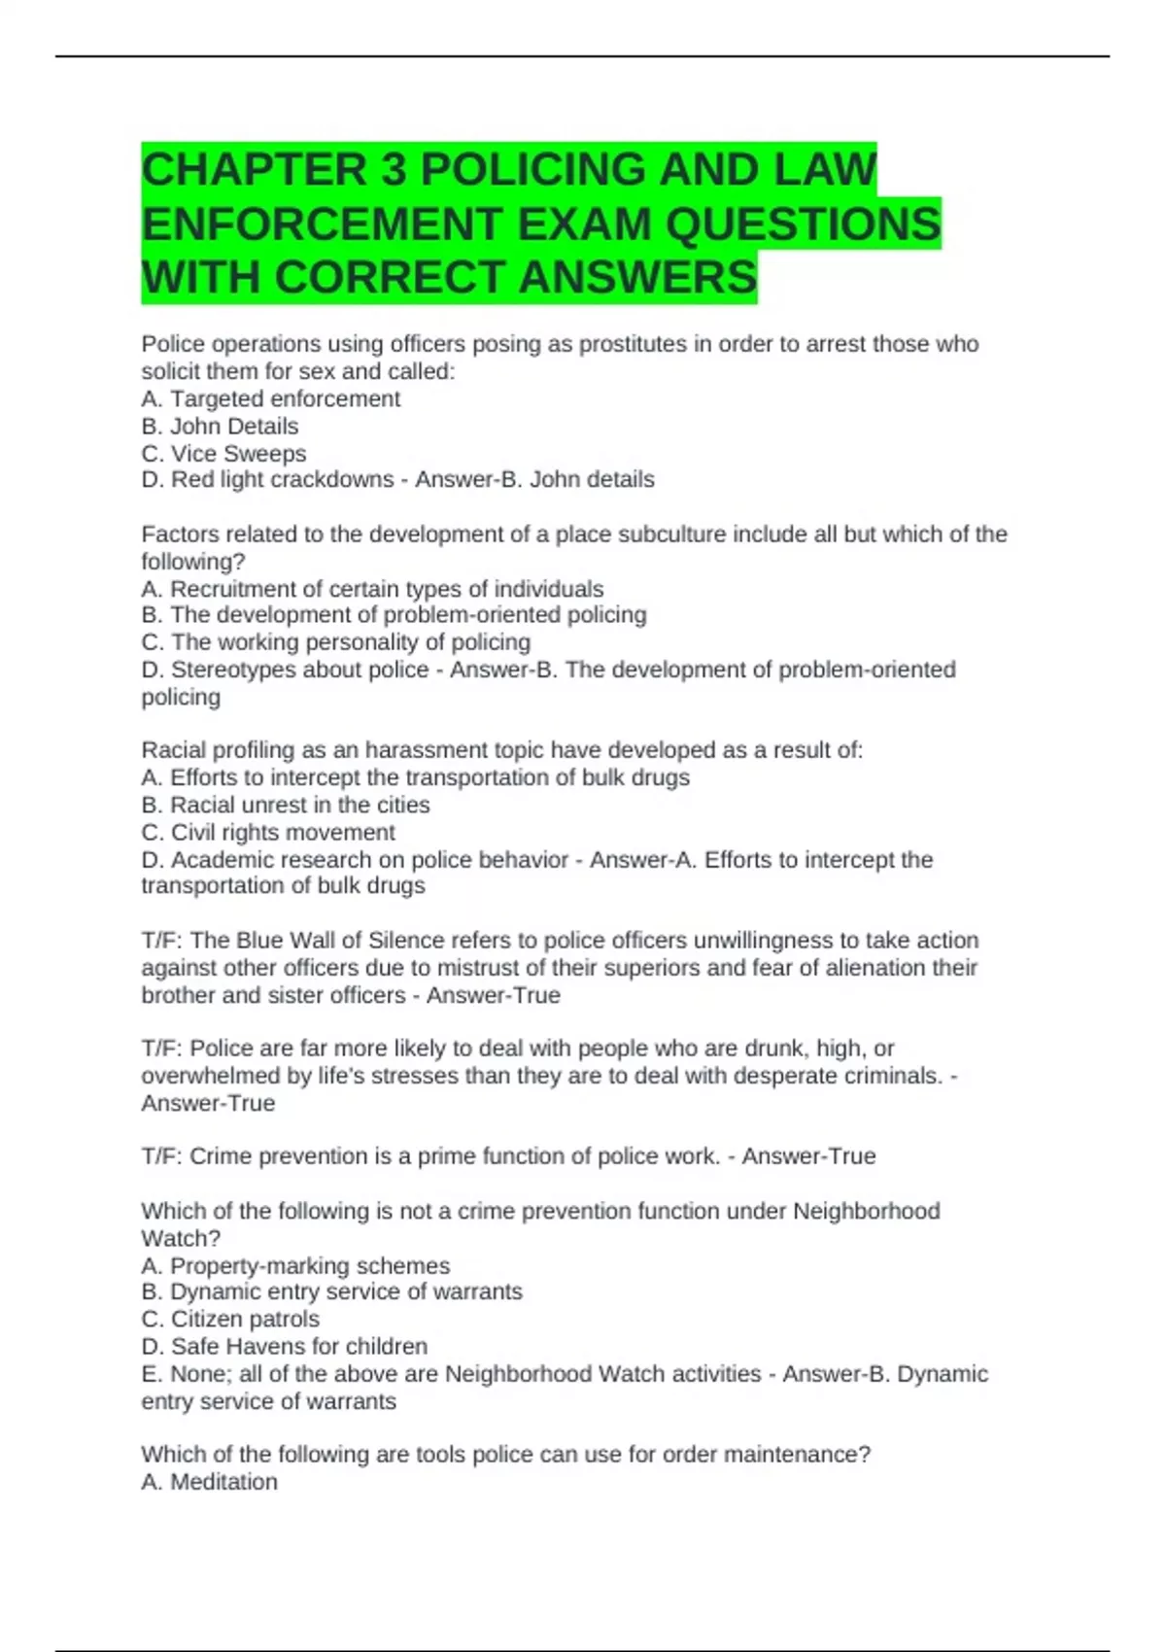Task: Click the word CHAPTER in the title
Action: (x=254, y=169)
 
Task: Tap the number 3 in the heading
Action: (x=394, y=169)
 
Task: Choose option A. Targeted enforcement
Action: (x=270, y=398)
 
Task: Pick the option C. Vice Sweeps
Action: (x=223, y=453)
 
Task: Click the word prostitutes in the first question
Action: (x=633, y=344)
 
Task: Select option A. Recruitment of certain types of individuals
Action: (x=372, y=589)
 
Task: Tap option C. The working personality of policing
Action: (x=336, y=642)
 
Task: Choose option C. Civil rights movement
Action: (x=268, y=832)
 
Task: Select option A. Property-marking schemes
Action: (x=295, y=1265)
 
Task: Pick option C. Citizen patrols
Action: (x=230, y=1319)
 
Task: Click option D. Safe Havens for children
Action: (x=284, y=1346)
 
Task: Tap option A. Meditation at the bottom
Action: (x=209, y=1481)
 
